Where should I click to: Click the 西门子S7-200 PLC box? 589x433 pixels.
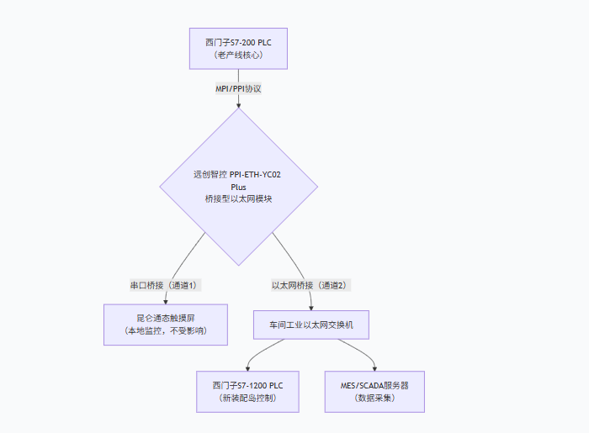click(x=238, y=48)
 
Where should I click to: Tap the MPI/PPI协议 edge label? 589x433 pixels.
click(x=238, y=87)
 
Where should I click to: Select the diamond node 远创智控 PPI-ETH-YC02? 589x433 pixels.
click(x=238, y=186)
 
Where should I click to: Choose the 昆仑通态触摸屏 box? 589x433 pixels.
click(x=165, y=325)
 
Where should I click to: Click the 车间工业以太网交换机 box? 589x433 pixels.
click(x=311, y=325)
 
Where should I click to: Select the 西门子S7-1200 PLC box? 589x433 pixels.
click(x=247, y=391)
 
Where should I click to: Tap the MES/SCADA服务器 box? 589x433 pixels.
click(x=374, y=391)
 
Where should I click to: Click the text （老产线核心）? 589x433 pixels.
click(x=238, y=55)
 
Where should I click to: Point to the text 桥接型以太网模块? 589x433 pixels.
click(x=238, y=198)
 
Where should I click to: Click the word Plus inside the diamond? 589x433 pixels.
click(x=238, y=187)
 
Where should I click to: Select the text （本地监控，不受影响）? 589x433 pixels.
click(x=165, y=331)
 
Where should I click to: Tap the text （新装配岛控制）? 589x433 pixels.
click(x=247, y=398)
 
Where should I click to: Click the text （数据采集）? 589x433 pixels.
click(x=374, y=398)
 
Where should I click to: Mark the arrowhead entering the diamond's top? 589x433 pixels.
click(x=238, y=105)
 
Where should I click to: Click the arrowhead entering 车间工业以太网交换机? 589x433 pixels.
click(x=311, y=309)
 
